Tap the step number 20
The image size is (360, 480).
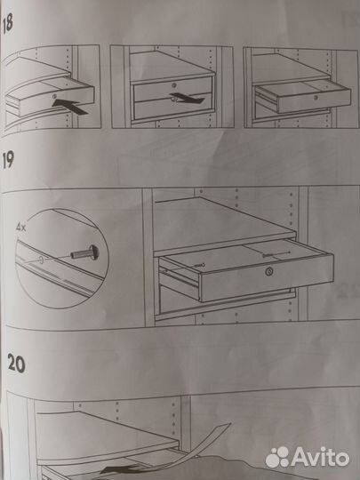coord(18,363)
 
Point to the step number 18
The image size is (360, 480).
coord(7,22)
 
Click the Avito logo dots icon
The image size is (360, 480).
coord(278,457)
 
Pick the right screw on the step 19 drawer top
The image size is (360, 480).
coord(269,255)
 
